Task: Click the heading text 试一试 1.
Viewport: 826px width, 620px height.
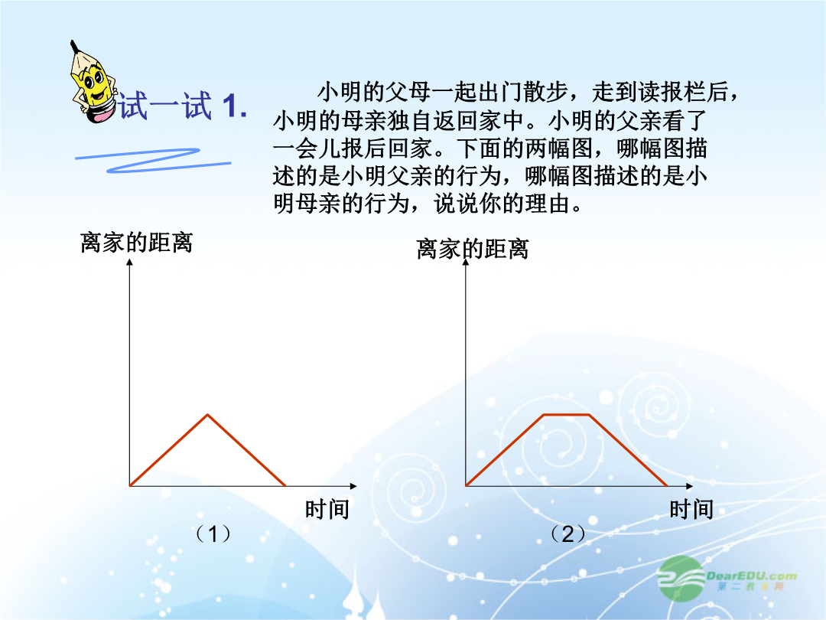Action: pyautogui.click(x=182, y=106)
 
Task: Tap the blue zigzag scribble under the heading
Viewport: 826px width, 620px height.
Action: pyautogui.click(x=153, y=160)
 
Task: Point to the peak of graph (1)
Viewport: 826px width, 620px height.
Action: pyautogui.click(x=208, y=415)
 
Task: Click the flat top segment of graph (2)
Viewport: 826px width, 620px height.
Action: pyautogui.click(x=566, y=415)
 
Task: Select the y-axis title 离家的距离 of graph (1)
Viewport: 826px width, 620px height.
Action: pyautogui.click(x=136, y=243)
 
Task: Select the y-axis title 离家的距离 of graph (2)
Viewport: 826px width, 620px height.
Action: pyautogui.click(x=473, y=249)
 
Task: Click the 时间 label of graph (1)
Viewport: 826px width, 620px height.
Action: pyautogui.click(x=327, y=509)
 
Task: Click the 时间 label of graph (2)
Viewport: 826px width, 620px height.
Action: pyautogui.click(x=691, y=509)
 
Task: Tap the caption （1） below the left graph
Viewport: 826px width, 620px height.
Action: pyautogui.click(x=213, y=534)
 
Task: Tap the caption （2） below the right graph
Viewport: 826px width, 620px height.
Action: pyautogui.click(x=567, y=534)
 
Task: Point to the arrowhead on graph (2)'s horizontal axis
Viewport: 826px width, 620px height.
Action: pyautogui.click(x=690, y=485)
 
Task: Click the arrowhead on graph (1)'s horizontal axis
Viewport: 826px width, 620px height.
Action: pyautogui.click(x=353, y=485)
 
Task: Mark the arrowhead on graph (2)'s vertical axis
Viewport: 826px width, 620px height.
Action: pyautogui.click(x=466, y=262)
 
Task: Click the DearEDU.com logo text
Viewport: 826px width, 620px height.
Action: pyautogui.click(x=752, y=576)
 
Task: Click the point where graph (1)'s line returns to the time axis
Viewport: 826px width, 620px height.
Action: pyautogui.click(x=285, y=485)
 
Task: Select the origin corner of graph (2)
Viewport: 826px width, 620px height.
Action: pyautogui.click(x=466, y=485)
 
